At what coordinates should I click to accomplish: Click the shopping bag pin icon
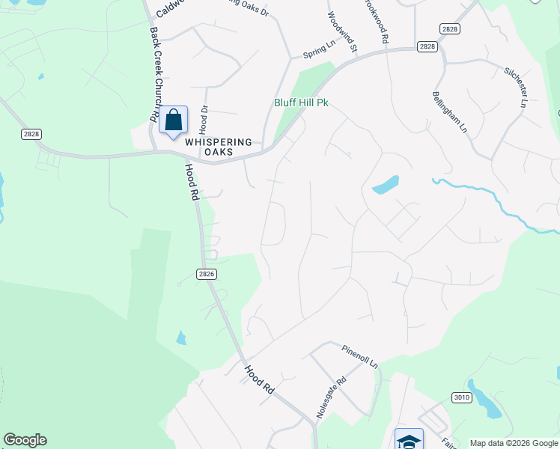click(x=173, y=120)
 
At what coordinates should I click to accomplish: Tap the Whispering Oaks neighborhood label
click(x=210, y=147)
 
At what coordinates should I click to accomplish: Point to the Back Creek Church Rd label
click(x=155, y=75)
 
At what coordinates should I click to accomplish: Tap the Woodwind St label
click(x=341, y=31)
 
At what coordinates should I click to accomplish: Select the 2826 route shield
click(x=207, y=275)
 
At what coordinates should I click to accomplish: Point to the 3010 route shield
click(x=461, y=397)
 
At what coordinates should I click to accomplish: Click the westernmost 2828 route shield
click(x=31, y=133)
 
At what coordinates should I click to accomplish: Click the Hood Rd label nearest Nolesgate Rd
click(x=260, y=379)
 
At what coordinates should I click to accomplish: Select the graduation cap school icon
click(x=409, y=440)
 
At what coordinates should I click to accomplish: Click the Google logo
click(x=25, y=440)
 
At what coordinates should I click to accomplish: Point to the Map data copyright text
click(x=514, y=443)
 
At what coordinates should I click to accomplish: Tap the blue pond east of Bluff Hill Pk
click(x=385, y=185)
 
